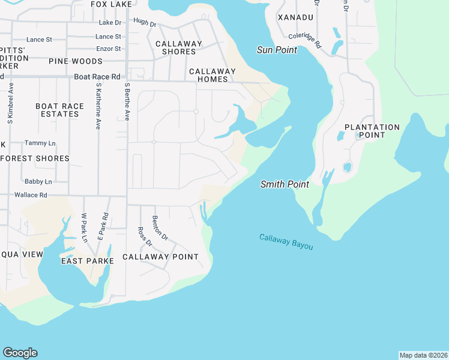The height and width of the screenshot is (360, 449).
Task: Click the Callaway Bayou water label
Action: (x=286, y=242)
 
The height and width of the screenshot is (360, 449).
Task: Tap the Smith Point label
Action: (x=285, y=184)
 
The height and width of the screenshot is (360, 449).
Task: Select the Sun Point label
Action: (x=277, y=50)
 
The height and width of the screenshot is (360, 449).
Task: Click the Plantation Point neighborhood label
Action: (x=372, y=131)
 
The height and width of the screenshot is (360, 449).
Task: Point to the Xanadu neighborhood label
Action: (x=297, y=18)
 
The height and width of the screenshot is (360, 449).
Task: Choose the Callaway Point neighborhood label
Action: (x=160, y=257)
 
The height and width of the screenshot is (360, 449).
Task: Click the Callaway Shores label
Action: (x=179, y=47)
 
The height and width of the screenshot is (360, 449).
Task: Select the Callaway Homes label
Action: (x=208, y=75)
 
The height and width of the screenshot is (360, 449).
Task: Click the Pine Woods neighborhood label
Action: (x=76, y=61)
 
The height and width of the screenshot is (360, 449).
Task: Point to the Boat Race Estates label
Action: (x=60, y=110)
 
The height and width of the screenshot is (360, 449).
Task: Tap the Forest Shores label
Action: (x=35, y=158)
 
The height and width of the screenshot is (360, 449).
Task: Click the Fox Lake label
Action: (x=111, y=4)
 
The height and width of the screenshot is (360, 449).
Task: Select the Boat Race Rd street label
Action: (x=97, y=77)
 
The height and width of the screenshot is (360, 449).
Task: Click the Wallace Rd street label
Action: (x=31, y=195)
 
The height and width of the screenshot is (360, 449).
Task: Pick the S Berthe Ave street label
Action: (x=127, y=102)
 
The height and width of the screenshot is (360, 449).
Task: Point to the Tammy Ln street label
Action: (x=40, y=143)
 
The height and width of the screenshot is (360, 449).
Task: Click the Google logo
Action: (x=20, y=353)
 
